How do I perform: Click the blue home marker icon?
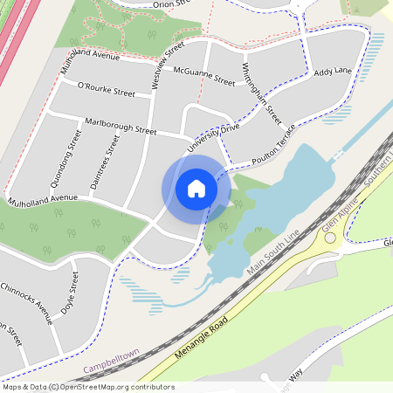(x=196, y=189)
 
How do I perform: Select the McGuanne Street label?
(x=204, y=75)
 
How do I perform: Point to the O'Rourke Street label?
(x=107, y=89)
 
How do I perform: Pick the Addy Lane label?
(x=332, y=70)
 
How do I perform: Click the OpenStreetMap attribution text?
(x=88, y=387)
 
